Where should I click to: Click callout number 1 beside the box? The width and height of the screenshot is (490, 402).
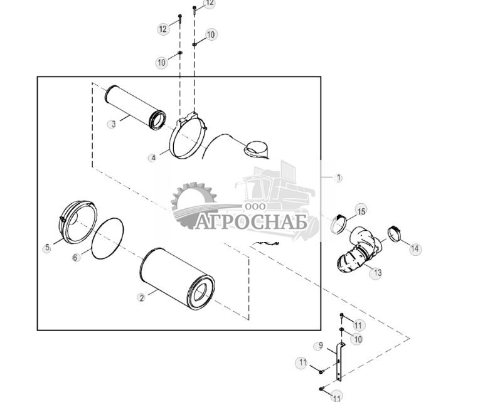pos(338,177)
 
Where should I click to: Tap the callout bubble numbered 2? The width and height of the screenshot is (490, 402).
pos(142,297)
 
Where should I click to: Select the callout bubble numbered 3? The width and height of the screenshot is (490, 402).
pos(112,124)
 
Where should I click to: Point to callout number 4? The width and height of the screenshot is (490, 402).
pos(153,158)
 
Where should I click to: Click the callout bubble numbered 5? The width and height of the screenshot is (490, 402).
pos(47,248)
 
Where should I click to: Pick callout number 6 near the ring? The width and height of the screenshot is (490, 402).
pos(75,257)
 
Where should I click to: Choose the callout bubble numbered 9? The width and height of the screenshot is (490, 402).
pos(319,346)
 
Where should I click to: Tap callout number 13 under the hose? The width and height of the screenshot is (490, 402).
pos(376,273)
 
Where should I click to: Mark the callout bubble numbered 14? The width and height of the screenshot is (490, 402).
pos(415,248)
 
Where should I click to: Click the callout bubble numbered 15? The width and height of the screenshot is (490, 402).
pos(361,211)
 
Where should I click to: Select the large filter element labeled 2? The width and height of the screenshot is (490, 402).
pos(177,279)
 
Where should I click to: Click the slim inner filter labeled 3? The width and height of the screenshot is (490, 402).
pos(136,108)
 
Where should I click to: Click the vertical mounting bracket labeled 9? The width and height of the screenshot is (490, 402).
pos(339,362)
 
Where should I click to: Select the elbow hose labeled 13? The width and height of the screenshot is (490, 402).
pos(360,250)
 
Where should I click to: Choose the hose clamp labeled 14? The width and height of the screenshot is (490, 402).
pos(395,234)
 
